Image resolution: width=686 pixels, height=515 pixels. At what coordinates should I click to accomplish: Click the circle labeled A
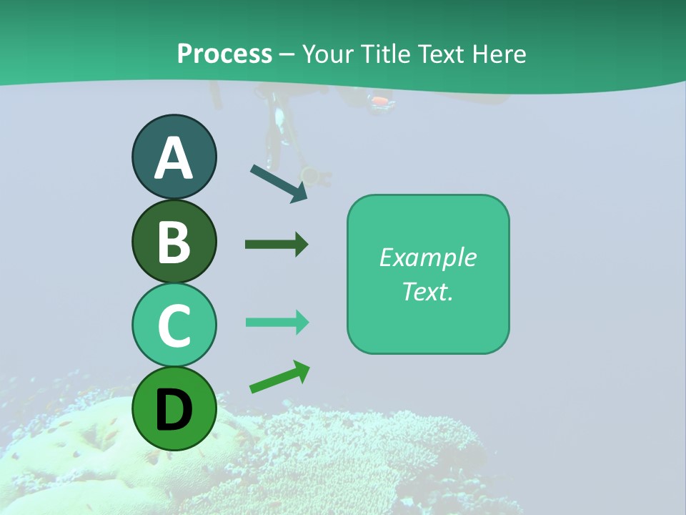pyautogui.click(x=174, y=157)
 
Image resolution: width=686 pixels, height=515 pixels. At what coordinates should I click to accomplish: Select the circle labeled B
pyautogui.click(x=174, y=241)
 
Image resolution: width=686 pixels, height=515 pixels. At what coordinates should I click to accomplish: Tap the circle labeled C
pyautogui.click(x=174, y=325)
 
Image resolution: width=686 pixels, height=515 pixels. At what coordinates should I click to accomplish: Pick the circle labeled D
pyautogui.click(x=174, y=408)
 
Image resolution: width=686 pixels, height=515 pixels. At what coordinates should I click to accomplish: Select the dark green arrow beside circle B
pyautogui.click(x=276, y=245)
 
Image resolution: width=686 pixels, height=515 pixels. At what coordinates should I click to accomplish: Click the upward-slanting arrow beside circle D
pyautogui.click(x=279, y=377)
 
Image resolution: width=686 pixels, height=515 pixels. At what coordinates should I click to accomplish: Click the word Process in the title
pyautogui.click(x=224, y=54)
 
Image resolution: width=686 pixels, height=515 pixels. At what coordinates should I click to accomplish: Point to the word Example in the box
pyautogui.click(x=427, y=257)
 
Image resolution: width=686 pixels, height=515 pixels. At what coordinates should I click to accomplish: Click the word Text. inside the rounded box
pyautogui.click(x=427, y=291)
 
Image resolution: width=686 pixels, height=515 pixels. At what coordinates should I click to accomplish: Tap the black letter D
pyautogui.click(x=174, y=410)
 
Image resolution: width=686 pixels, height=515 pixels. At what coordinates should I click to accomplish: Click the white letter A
pyautogui.click(x=174, y=158)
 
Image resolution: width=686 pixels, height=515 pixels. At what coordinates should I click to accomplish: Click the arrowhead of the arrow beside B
pyautogui.click(x=301, y=245)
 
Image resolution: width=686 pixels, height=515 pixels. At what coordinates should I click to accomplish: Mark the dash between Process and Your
pyautogui.click(x=287, y=54)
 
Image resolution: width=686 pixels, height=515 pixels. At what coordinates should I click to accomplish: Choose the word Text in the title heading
pyautogui.click(x=439, y=54)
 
